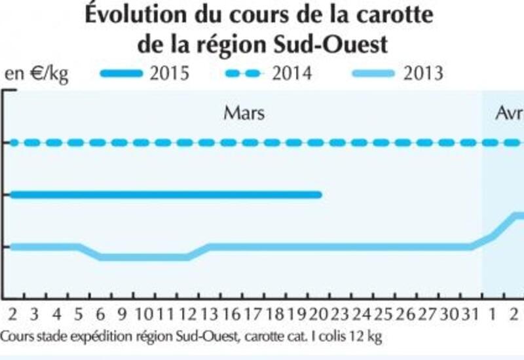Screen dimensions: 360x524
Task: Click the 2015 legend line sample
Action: pos(122,73)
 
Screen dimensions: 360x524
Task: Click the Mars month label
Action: pos(244,113)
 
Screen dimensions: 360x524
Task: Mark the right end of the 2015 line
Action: pos(319,194)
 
